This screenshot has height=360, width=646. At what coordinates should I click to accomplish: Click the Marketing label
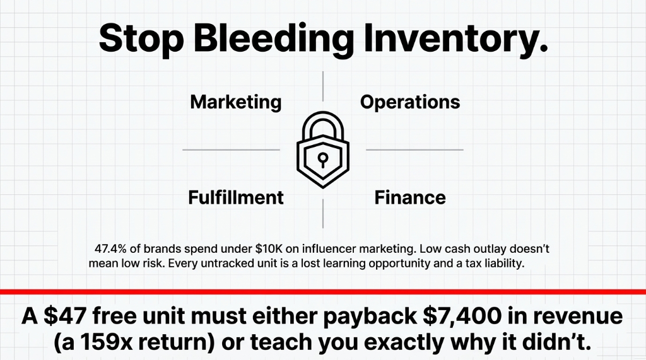[x=236, y=102]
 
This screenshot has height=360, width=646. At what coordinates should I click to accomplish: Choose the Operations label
[x=410, y=102]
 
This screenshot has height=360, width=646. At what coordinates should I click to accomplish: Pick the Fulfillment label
[x=236, y=197]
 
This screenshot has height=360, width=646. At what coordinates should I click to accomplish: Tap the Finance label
[x=410, y=197]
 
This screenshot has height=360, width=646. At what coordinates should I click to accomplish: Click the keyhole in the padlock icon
[x=322, y=158]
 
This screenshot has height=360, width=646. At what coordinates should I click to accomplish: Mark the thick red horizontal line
[x=323, y=292]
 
